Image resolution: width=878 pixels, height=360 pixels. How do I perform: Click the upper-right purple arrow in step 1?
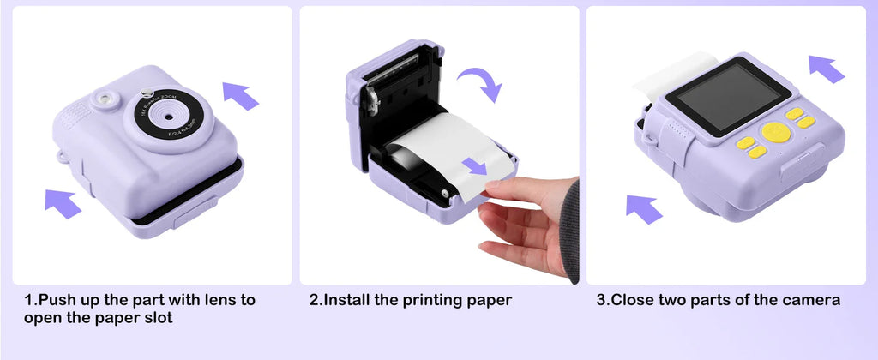coord(240,94)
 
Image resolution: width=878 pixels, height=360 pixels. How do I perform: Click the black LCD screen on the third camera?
coord(729,95)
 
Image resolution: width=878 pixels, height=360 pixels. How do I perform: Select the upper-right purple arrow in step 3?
coord(827,68)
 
